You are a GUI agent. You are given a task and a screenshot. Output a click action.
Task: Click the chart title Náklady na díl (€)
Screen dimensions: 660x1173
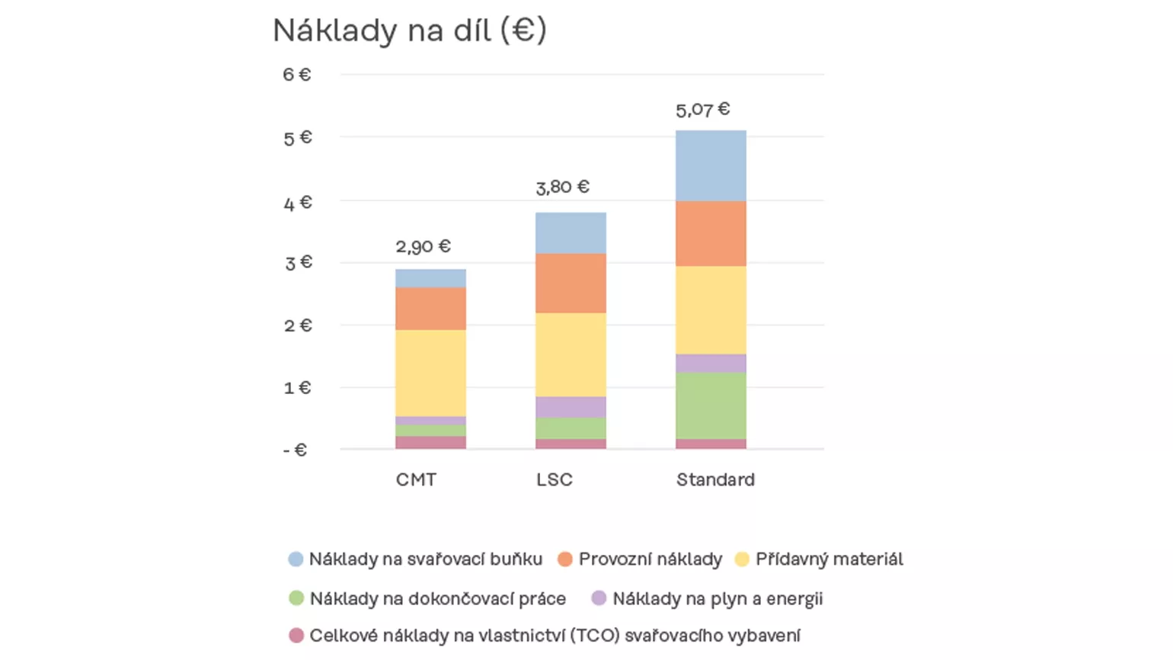pos(410,30)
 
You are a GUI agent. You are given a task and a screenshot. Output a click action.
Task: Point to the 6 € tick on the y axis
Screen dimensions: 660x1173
pos(296,75)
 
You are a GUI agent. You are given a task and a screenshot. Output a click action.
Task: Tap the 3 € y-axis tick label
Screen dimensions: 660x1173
pos(298,263)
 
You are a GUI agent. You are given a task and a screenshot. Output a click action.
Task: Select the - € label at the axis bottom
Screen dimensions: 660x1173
pos(295,450)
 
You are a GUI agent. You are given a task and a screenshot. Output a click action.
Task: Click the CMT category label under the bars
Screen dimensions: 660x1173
pos(416,479)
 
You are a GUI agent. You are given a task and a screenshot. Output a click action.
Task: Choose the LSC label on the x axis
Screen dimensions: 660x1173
pos(554,479)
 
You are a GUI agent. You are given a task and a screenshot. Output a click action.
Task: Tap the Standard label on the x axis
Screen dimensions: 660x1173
pos(715,479)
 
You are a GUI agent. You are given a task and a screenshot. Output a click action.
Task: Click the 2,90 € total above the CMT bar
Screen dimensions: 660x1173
pos(423,246)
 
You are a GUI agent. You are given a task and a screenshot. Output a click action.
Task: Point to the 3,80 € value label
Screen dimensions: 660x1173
pos(562,187)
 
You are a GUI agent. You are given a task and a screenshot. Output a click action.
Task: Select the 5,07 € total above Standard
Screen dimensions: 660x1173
pos(702,110)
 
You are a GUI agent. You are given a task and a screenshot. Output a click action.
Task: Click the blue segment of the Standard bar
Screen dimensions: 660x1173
pos(711,165)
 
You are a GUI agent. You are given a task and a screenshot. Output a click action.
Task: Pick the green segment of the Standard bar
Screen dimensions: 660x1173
pos(711,405)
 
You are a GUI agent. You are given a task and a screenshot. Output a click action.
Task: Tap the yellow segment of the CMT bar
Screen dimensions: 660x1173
pos(430,373)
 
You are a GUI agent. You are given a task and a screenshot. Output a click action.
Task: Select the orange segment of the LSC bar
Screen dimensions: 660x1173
pos(571,283)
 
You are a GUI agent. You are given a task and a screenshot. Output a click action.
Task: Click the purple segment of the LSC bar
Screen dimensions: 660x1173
pos(571,407)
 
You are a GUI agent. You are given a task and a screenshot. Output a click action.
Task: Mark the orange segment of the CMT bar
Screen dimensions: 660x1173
pos(430,308)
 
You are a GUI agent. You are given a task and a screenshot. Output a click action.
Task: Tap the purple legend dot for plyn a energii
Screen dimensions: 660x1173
pos(599,598)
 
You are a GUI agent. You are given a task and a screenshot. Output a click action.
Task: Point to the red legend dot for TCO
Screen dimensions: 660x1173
pos(296,636)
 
